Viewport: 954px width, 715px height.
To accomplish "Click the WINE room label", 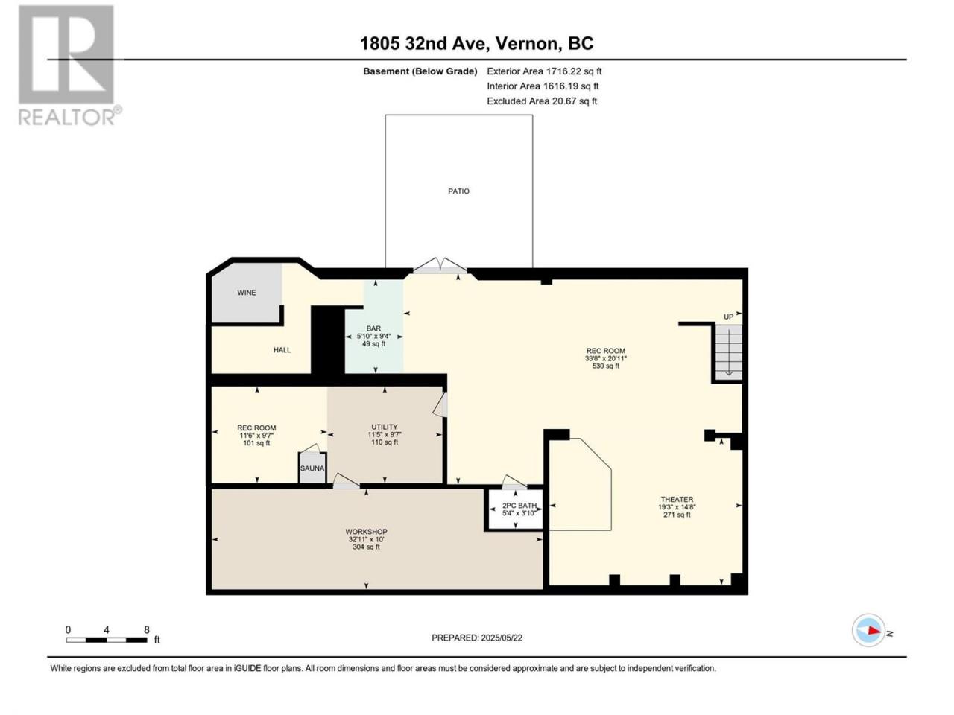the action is pos(247,293).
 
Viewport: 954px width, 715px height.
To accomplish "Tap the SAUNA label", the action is pos(312,468).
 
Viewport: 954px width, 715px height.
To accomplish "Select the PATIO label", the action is pos(458,191).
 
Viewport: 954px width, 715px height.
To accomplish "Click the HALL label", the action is pos(282,350).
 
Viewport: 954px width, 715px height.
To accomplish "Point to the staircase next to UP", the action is pos(728,352).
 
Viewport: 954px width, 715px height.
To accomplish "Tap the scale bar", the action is pos(107,640).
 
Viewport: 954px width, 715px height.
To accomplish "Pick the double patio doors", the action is pos(440,266).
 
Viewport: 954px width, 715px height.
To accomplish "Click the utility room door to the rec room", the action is pos(440,404).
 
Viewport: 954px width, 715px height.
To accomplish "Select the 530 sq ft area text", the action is pos(606,366).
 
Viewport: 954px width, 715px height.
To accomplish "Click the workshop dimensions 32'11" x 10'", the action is pos(367,539).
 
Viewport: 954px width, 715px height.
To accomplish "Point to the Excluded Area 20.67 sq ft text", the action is pos(542,101).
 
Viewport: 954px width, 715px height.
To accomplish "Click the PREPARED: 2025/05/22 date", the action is pos(477,638).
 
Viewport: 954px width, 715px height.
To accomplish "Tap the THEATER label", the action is pos(677,499).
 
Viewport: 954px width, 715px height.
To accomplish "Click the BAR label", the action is pos(373,328).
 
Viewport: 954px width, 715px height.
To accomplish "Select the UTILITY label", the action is pos(384,427).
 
